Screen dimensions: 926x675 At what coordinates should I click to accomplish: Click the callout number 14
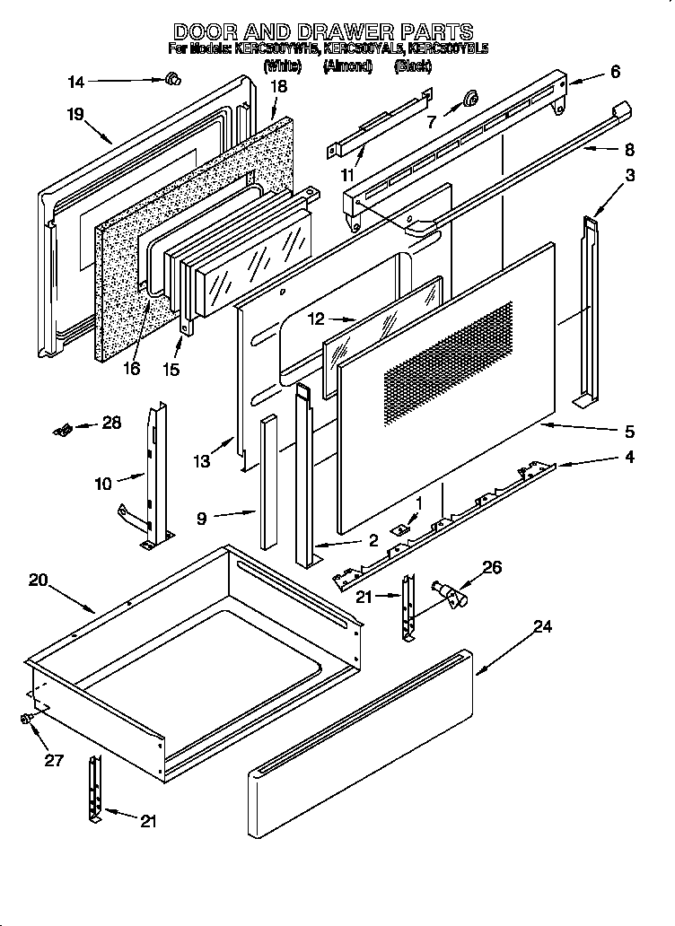75,83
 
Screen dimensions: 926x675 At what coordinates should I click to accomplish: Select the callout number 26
491,567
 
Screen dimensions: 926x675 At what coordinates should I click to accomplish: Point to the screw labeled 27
28,719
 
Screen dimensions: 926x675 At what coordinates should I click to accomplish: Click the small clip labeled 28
62,430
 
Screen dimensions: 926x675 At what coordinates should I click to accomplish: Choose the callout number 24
541,627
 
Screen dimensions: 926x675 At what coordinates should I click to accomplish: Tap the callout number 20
38,581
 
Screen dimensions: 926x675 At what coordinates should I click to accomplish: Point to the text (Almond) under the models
347,66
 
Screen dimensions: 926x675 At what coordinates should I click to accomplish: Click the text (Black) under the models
413,66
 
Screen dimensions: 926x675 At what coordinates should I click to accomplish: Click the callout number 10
102,484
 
